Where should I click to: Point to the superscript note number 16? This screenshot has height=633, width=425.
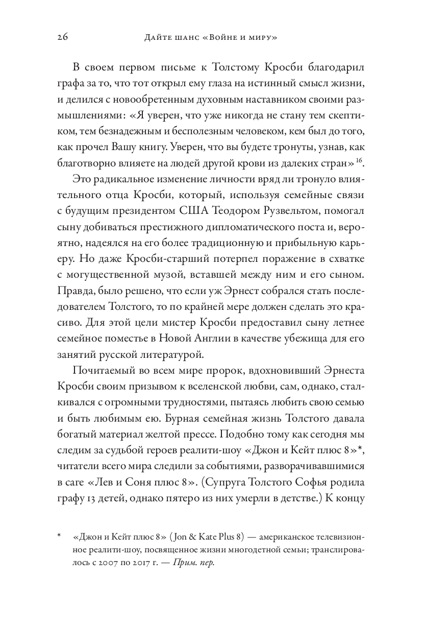click(x=359, y=161)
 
